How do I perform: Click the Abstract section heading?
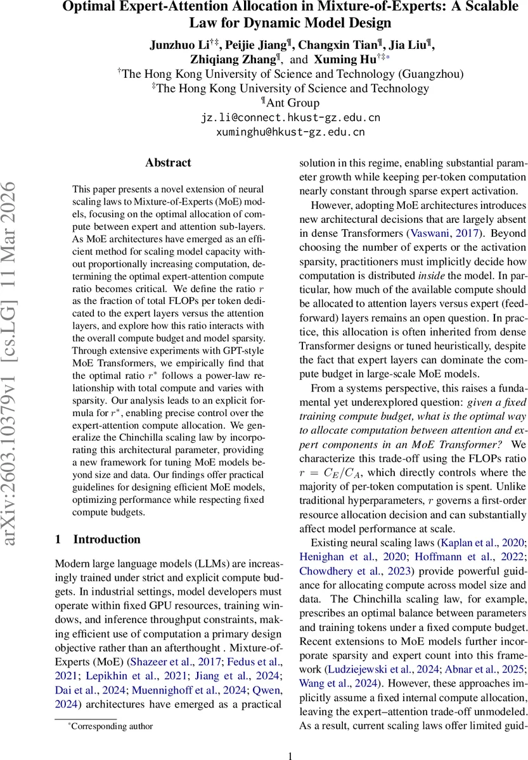tap(168, 163)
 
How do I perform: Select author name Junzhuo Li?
tap(178, 44)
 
